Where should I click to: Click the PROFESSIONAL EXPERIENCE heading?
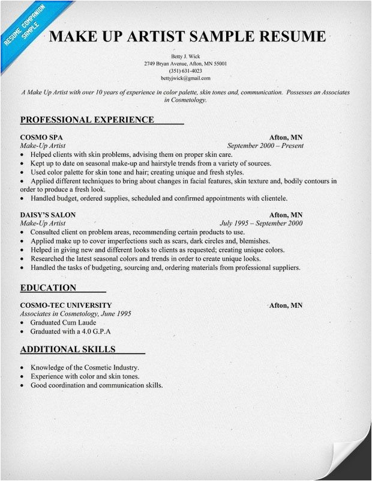click(87, 120)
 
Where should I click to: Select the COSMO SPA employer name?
click(41, 137)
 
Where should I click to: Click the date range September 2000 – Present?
click(265, 146)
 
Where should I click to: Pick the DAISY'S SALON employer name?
click(48, 215)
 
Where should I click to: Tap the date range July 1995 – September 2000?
click(262, 223)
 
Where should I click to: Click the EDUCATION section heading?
click(48, 287)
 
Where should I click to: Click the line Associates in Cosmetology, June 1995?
click(76, 314)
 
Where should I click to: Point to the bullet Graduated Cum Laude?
click(63, 322)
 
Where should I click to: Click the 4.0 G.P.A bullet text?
click(71, 331)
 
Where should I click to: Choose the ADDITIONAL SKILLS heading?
click(68, 349)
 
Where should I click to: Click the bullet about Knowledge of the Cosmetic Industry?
click(85, 367)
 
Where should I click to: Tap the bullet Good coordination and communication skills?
click(97, 385)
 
